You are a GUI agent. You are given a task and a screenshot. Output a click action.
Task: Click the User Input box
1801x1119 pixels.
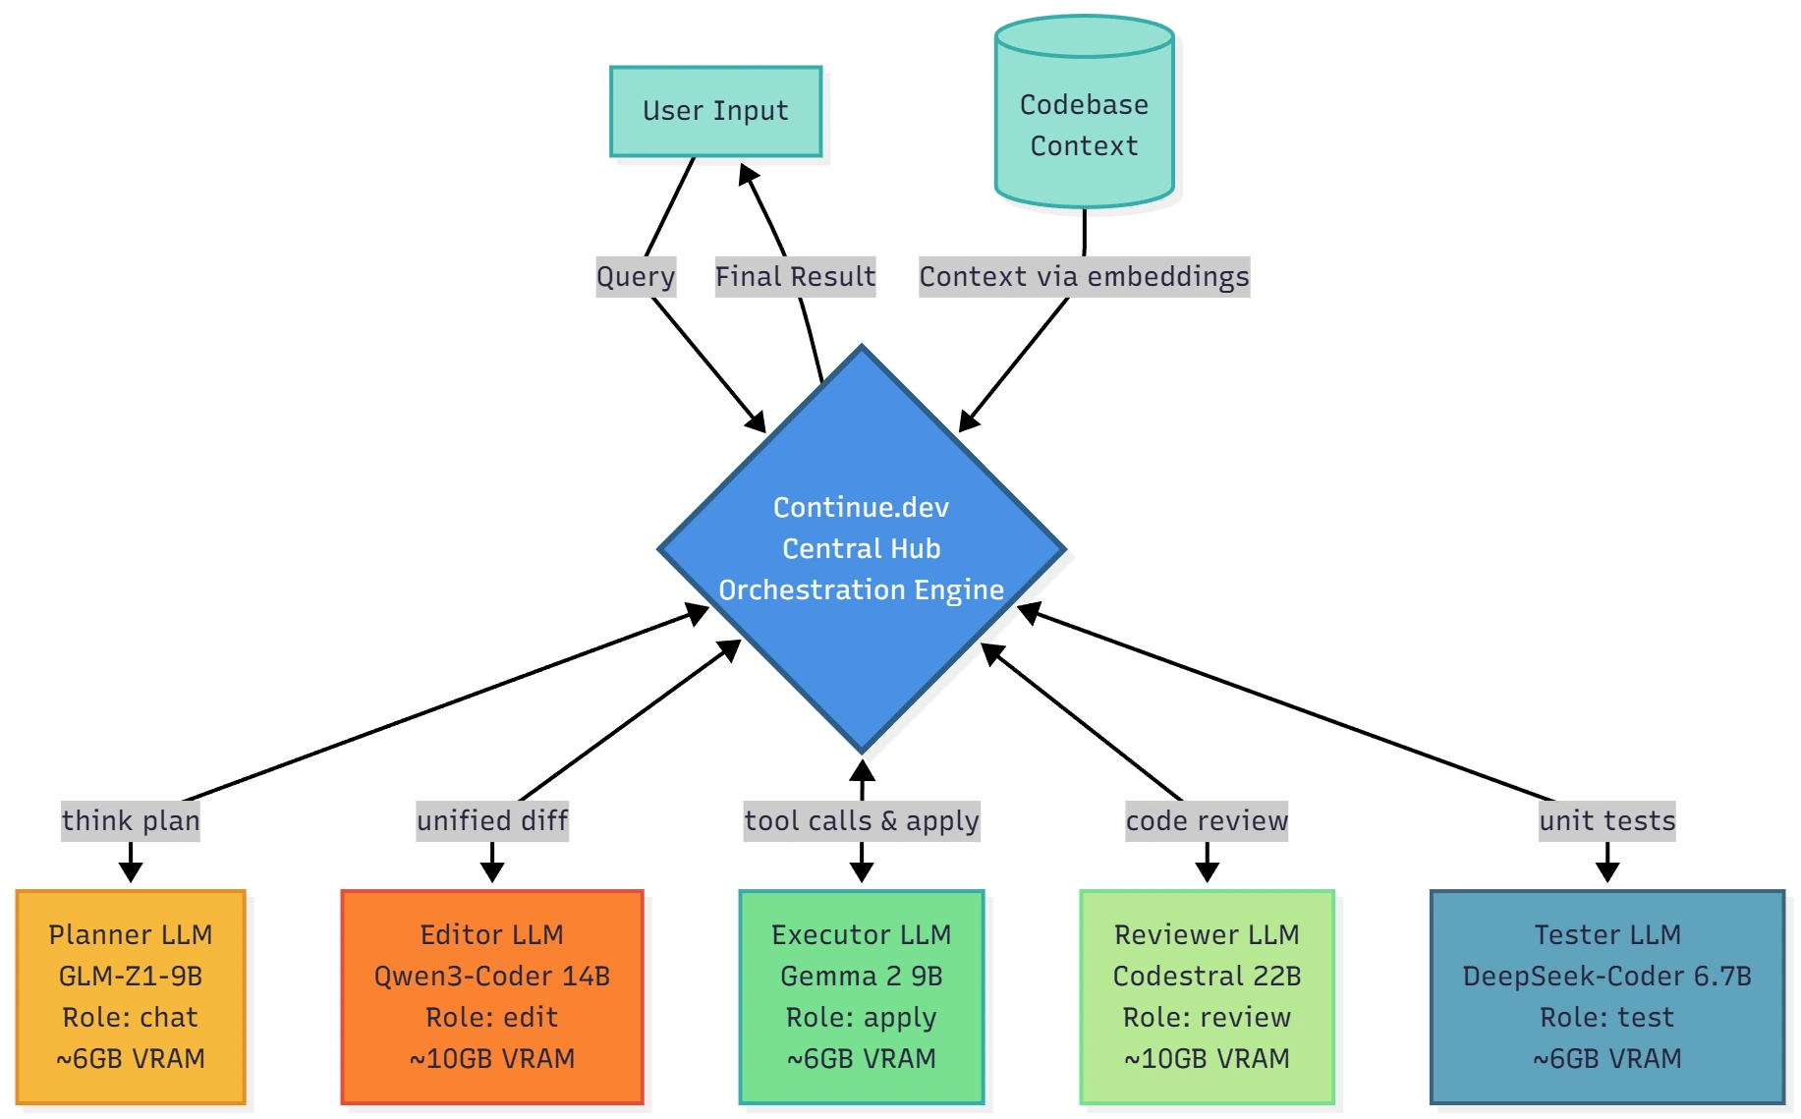715,111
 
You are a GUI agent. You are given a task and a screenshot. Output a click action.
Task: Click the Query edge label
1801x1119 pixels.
636,276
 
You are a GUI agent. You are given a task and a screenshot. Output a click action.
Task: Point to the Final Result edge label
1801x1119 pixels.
795,276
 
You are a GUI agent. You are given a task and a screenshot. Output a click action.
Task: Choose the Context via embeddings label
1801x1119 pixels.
1084,276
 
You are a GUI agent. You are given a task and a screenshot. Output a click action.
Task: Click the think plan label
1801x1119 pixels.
131,820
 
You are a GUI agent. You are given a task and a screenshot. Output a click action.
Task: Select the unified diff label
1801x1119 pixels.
492,820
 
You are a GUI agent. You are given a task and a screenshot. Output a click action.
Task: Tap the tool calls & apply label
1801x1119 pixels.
862,820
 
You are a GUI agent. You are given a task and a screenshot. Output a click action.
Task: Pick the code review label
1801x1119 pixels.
1207,820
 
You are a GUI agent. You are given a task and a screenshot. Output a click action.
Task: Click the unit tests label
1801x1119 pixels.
1607,820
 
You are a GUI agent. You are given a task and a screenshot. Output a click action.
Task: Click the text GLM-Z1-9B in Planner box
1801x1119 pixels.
131,976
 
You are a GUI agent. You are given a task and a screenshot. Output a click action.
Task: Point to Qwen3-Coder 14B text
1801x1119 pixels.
492,976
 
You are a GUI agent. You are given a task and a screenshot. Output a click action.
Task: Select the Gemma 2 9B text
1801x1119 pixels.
862,976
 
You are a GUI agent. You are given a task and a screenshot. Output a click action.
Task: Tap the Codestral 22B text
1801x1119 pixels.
1207,976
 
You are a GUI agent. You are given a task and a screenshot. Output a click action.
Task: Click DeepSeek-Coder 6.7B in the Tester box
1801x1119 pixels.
1607,976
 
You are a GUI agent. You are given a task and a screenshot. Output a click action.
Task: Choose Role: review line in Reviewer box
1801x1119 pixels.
1207,1017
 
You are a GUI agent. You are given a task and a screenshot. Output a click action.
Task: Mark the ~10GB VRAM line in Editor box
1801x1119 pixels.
492,1058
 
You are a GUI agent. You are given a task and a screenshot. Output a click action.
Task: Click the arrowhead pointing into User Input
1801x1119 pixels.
748,176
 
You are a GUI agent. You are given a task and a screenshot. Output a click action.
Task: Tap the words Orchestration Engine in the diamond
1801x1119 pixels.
861,589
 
